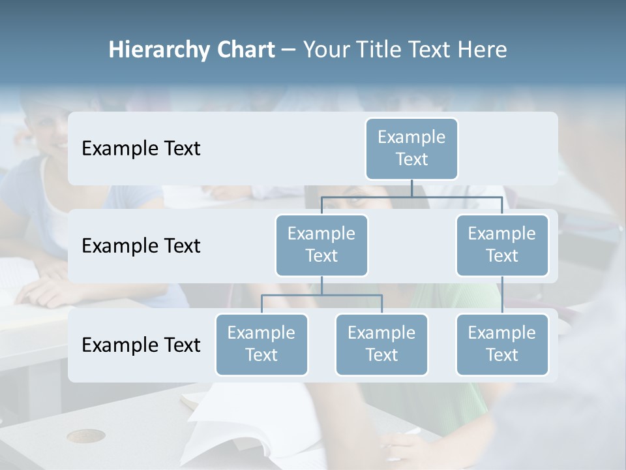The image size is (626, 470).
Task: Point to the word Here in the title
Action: [483, 50]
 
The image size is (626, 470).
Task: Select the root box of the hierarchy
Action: [411, 148]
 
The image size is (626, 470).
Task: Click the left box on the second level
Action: [321, 245]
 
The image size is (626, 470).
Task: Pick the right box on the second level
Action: [502, 245]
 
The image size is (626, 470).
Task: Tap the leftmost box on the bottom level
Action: [261, 344]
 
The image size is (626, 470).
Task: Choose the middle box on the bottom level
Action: [381, 344]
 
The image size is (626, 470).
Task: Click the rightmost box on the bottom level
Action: [502, 344]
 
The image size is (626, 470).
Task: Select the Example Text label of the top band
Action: [141, 149]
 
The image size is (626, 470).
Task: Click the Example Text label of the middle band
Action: [141, 246]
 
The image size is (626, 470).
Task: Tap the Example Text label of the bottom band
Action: [141, 345]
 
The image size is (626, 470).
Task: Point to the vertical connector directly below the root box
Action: [411, 188]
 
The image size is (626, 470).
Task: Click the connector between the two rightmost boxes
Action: [502, 295]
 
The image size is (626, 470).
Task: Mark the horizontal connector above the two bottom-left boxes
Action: [321, 295]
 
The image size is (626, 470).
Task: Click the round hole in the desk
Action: [86, 436]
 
